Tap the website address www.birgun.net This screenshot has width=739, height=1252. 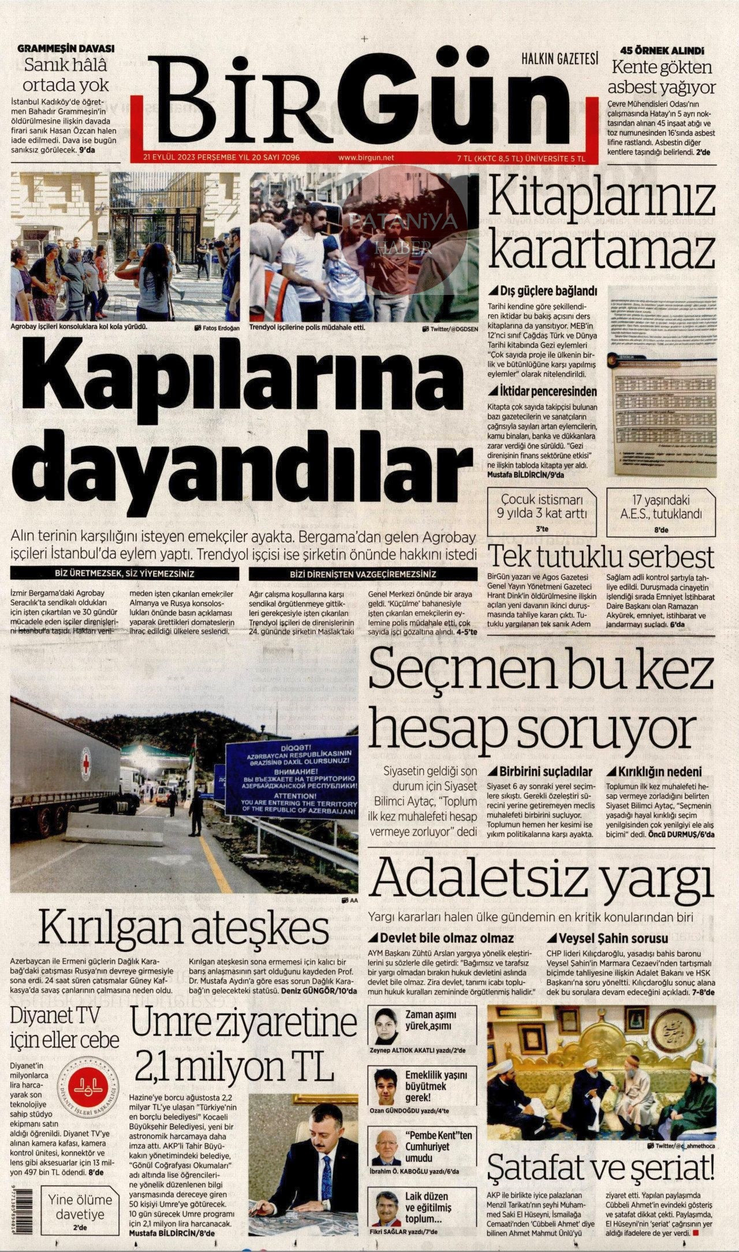(365, 157)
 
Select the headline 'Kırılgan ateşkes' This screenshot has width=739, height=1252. (184, 928)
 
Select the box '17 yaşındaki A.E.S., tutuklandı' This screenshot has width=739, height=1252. (660, 510)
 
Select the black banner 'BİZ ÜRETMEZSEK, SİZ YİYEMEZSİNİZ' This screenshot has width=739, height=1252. (125, 574)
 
